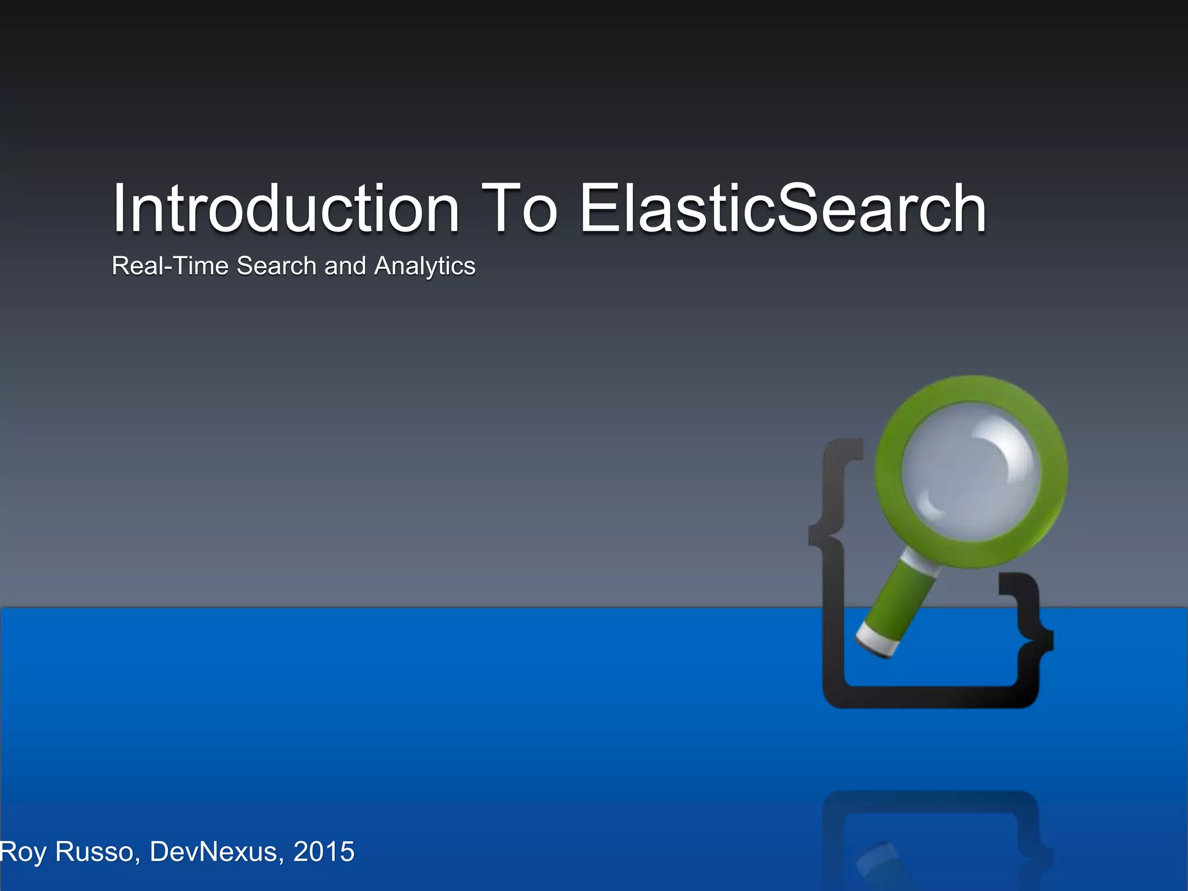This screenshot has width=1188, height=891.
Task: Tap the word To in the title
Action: point(519,209)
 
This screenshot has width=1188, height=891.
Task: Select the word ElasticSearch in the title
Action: point(783,209)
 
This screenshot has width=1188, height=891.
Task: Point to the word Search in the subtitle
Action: point(277,266)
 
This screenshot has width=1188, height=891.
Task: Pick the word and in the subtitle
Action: point(345,266)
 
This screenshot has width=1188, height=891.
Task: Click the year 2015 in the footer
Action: point(324,852)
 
